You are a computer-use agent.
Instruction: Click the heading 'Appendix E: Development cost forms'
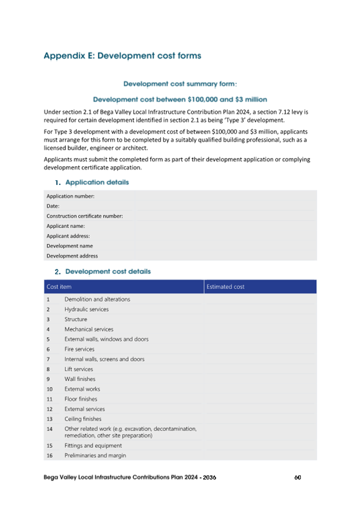[122, 55]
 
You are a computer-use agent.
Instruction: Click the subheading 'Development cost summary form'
[179, 84]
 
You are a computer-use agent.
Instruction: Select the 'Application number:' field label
[70, 196]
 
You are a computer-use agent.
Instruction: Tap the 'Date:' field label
[53, 206]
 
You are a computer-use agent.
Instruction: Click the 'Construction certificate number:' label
[85, 216]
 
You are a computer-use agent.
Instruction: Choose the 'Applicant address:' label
[68, 236]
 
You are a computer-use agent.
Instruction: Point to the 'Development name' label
[69, 246]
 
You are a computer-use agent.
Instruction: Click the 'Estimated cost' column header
[226, 287]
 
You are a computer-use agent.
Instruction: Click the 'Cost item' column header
[59, 287]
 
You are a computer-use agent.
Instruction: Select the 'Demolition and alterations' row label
[97, 299]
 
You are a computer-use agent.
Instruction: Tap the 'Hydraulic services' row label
[86, 309]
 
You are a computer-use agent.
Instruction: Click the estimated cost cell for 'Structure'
[260, 319]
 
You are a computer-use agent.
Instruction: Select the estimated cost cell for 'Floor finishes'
[260, 399]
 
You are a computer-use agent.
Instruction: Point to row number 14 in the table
[50, 429]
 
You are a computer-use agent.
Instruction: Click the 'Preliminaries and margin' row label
[95, 455]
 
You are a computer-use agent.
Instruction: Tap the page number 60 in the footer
[298, 477]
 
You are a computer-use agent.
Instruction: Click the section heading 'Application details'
[97, 182]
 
